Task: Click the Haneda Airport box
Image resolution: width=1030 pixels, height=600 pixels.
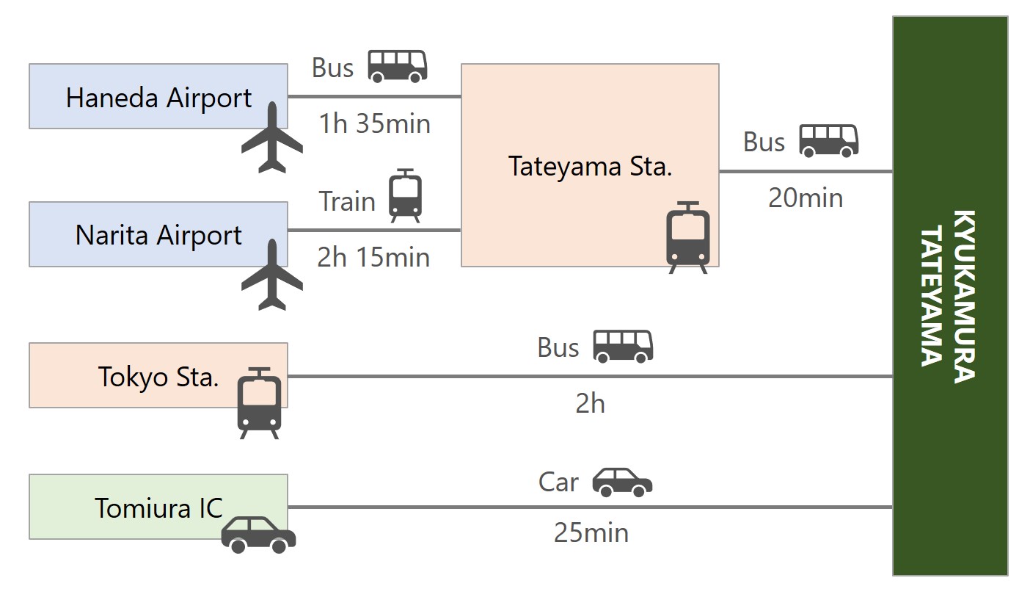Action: click(158, 97)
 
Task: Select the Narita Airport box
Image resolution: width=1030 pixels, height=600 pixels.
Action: click(158, 235)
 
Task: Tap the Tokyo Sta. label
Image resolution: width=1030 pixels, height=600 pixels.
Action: click(158, 377)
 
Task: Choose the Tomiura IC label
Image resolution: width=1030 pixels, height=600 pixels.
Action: click(158, 507)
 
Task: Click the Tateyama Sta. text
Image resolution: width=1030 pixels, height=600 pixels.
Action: click(590, 166)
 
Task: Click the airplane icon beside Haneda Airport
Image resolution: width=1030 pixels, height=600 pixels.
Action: click(272, 138)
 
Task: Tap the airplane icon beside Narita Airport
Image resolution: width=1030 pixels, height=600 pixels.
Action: click(272, 275)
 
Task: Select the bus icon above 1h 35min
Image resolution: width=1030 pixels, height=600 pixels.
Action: click(397, 66)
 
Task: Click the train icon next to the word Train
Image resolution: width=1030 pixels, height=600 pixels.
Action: click(405, 196)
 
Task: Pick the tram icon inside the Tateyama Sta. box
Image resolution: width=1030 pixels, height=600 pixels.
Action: click(687, 237)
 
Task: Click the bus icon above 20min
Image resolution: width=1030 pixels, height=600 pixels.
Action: click(828, 140)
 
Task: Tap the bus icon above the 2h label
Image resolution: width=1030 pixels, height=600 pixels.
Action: click(622, 346)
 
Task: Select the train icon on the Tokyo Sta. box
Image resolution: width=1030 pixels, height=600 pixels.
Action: click(259, 402)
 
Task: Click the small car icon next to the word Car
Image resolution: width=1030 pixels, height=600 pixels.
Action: click(622, 482)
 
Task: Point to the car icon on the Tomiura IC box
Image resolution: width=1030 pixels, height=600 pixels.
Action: click(258, 535)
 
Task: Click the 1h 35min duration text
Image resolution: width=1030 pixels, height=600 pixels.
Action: click(374, 123)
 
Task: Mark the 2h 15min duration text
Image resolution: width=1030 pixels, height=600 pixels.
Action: click(373, 257)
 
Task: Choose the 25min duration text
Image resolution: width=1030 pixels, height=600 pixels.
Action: click(591, 532)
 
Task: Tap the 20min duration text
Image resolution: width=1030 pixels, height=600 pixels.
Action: click(806, 198)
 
